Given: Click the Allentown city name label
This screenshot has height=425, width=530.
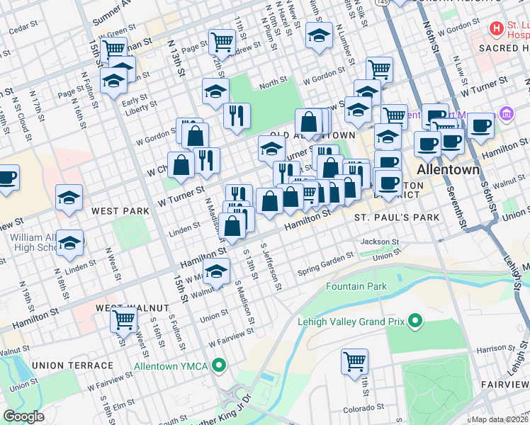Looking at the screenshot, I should (x=448, y=171).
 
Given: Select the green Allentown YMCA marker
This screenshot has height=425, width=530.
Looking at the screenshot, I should (x=220, y=365).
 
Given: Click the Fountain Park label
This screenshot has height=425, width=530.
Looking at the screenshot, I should (x=356, y=286).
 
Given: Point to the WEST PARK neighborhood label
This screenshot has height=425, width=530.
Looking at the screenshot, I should (x=120, y=211).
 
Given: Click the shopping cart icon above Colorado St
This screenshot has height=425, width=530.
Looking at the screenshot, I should (x=354, y=361).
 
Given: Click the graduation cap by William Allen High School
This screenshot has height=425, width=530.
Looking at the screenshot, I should (x=69, y=243).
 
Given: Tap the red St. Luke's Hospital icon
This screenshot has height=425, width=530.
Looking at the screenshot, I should (x=497, y=29).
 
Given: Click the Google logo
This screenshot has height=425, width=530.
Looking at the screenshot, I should (x=24, y=416).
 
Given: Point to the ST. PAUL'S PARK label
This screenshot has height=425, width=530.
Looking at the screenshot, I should (x=397, y=217).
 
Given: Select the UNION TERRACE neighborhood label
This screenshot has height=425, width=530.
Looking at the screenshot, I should (x=72, y=365).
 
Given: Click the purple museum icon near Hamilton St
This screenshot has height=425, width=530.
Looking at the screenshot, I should (x=505, y=113).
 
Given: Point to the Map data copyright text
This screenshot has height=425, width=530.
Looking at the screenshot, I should (x=499, y=419).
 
